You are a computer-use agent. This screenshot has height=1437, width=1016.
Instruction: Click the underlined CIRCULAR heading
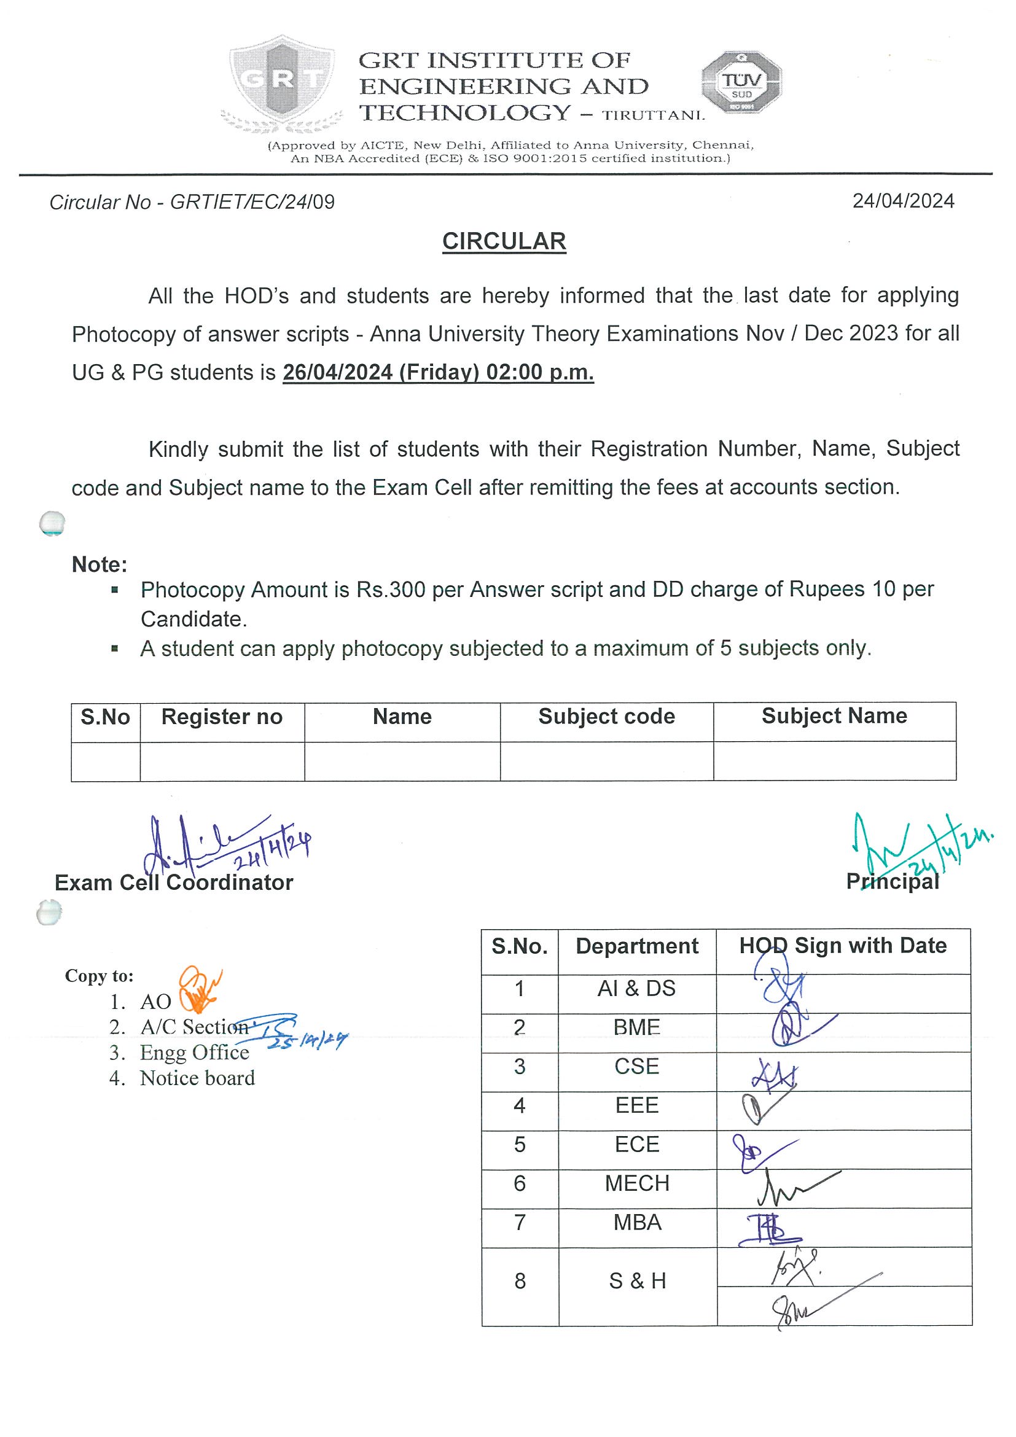click(x=504, y=241)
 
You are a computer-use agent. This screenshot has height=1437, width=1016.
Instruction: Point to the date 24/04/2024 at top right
click(x=903, y=201)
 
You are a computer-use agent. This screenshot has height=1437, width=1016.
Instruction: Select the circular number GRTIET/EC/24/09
click(x=252, y=202)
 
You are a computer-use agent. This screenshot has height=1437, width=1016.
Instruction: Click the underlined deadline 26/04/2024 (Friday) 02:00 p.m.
click(x=438, y=372)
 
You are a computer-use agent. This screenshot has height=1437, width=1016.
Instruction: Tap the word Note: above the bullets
click(x=100, y=564)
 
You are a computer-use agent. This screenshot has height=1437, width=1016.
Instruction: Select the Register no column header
click(x=222, y=717)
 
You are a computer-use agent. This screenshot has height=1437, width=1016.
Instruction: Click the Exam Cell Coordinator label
click(x=173, y=882)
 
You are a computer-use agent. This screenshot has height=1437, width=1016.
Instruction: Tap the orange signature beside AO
click(x=198, y=990)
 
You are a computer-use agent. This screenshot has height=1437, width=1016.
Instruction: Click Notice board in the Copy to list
click(x=197, y=1078)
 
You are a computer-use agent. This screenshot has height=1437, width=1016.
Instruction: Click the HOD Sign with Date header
click(x=843, y=946)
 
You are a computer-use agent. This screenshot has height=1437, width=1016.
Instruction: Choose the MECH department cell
click(x=636, y=1183)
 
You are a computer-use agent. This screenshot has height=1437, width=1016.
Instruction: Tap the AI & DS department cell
click(x=636, y=988)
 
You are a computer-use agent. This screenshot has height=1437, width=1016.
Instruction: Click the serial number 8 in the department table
click(x=520, y=1280)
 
